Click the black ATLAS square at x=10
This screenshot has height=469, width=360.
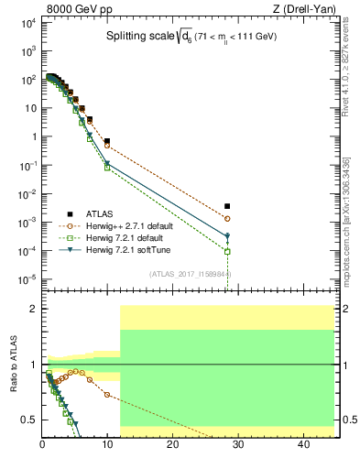tap(107, 141)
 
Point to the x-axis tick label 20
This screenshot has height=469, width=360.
tap(172, 444)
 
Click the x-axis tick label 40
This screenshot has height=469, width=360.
tap(302, 444)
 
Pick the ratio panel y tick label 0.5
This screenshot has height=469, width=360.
tap(30, 420)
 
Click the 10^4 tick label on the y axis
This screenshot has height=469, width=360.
tap(28, 23)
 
